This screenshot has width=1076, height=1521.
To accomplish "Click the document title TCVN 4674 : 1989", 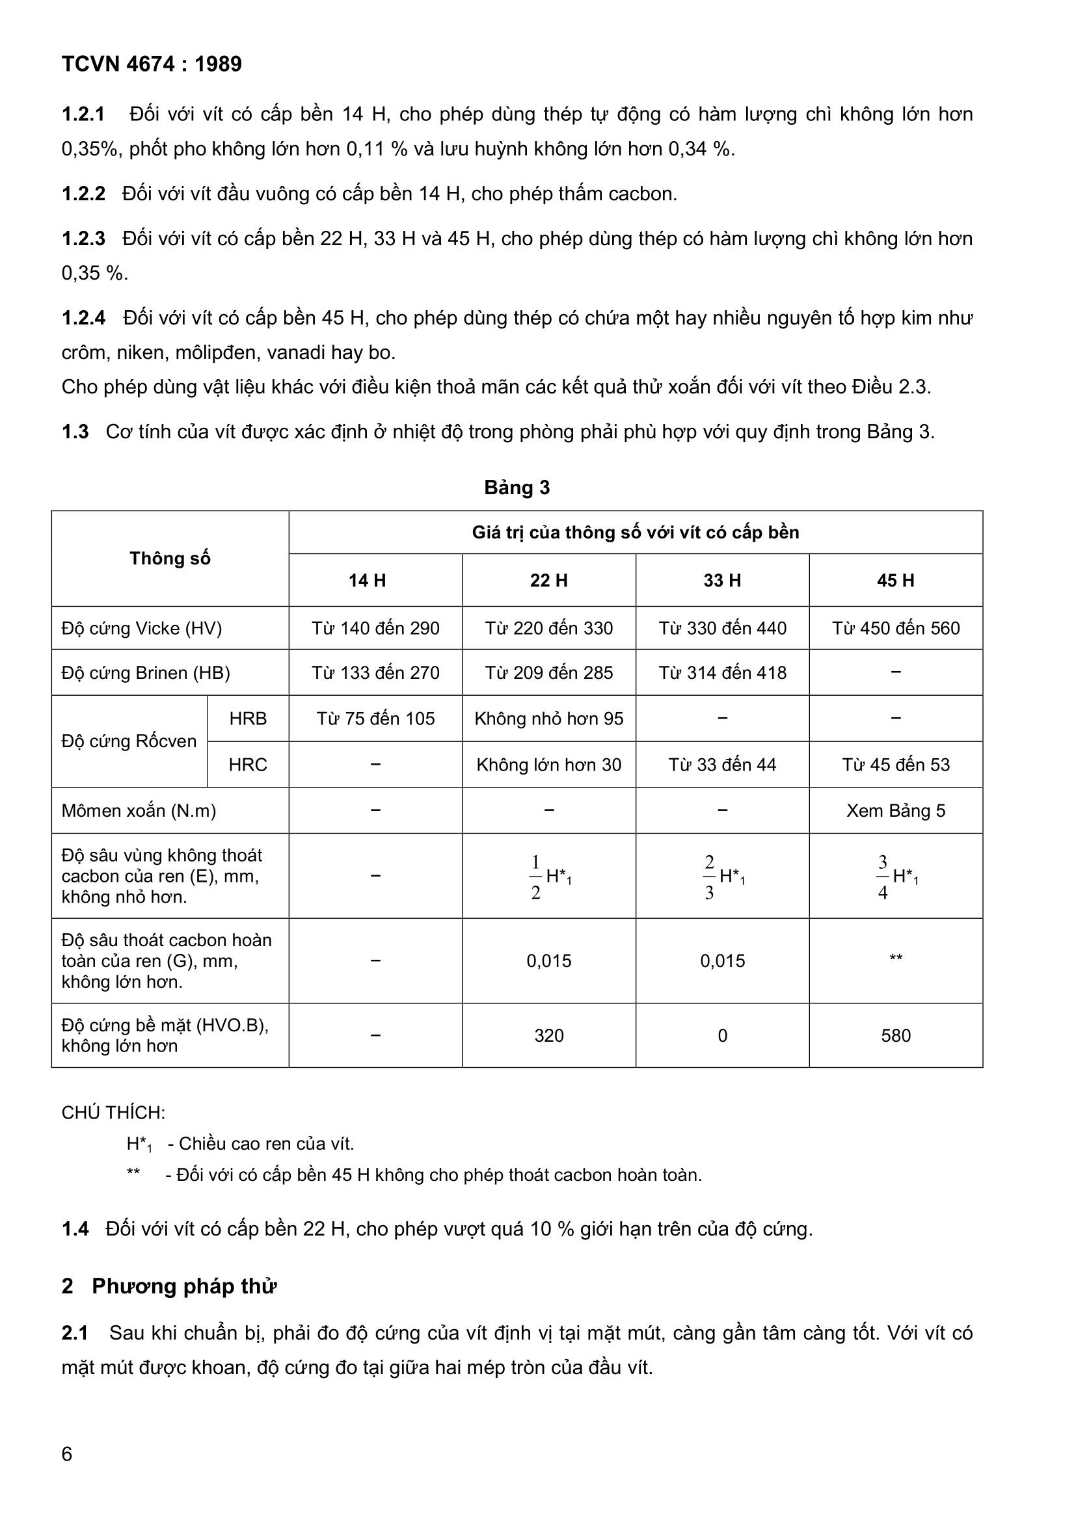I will [x=152, y=64].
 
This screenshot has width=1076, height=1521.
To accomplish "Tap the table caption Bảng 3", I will [x=517, y=488].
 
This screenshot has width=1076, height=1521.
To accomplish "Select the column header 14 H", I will [x=367, y=580].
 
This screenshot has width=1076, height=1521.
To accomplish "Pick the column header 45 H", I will [x=895, y=580].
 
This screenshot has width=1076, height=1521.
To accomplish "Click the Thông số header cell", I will [x=170, y=559].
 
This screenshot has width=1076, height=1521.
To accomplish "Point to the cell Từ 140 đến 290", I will [x=375, y=628].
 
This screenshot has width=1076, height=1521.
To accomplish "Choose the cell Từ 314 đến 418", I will [x=722, y=672].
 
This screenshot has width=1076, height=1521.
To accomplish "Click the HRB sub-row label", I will [x=248, y=718].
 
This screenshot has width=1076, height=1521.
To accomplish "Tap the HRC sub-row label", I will [x=248, y=765].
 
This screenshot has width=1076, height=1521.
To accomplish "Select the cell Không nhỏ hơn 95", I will [x=548, y=718].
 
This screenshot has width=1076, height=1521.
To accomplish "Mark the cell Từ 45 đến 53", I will [x=895, y=765].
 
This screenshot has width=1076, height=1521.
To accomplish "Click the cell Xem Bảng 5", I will [x=895, y=810].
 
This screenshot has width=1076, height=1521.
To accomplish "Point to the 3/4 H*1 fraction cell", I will [x=895, y=877].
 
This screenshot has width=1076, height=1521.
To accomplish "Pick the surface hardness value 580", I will [x=895, y=1035].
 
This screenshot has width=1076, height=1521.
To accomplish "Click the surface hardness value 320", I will [x=548, y=1035].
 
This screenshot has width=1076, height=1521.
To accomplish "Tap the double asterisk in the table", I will [x=895, y=958].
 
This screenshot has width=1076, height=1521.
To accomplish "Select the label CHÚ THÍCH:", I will [x=113, y=1112].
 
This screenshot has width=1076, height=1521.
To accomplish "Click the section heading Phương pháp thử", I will [x=183, y=1286].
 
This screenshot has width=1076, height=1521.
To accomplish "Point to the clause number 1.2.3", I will [x=83, y=239].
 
